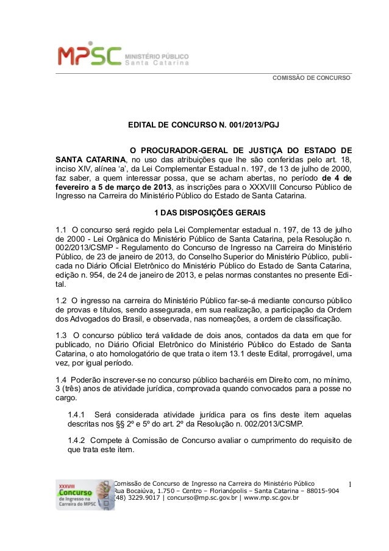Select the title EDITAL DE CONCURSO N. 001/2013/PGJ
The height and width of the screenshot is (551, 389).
pyautogui.click(x=203, y=126)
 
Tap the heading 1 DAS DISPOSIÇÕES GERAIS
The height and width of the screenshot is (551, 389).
pyautogui.click(x=202, y=213)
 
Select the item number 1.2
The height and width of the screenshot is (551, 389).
pyautogui.click(x=61, y=301)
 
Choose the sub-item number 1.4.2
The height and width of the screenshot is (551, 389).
pyautogui.click(x=77, y=440)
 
